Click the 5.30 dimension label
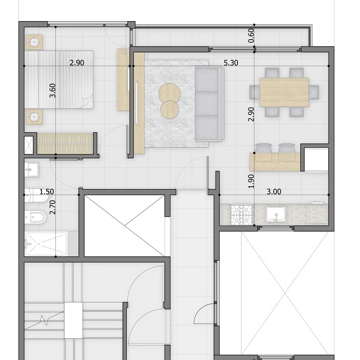pyautogui.click(x=231, y=63)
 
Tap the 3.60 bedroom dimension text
pyautogui.click(x=53, y=90)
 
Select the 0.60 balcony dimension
pyautogui.click(x=251, y=36)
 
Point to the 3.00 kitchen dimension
pyautogui.click(x=274, y=192)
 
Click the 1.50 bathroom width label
pyautogui.click(x=47, y=192)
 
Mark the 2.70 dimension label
pyautogui.click(x=53, y=207)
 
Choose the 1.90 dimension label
pyautogui.click(x=251, y=181)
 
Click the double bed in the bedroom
pyautogui.click(x=59, y=80)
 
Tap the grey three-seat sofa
pyautogui.click(x=209, y=103)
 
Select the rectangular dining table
pyautogui.click(x=284, y=92)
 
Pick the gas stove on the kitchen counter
pyautogui.click(x=242, y=215)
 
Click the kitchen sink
pyautogui.click(x=276, y=214)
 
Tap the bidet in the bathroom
pyautogui.click(x=36, y=217)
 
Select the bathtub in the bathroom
pyautogui.click(x=46, y=244)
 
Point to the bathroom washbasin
pyautogui.click(x=31, y=170)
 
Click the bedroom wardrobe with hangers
pyautogui.click(x=65, y=144)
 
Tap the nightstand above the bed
pyautogui.click(x=34, y=42)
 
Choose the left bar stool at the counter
pyautogui.click(x=263, y=152)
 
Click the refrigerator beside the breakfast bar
pyautogui.click(x=316, y=160)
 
